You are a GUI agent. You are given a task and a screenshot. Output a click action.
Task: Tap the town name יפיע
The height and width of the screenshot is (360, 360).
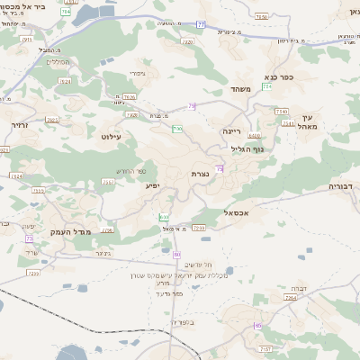click(x=153, y=186)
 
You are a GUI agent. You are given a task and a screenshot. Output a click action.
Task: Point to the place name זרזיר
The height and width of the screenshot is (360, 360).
click(x=20, y=126)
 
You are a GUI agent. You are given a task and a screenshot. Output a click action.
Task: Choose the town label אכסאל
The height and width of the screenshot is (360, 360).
click(x=235, y=212)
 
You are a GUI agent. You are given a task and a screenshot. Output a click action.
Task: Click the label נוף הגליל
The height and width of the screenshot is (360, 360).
click(x=245, y=149)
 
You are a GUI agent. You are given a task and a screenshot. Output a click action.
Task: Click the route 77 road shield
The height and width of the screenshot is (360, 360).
click(x=201, y=24)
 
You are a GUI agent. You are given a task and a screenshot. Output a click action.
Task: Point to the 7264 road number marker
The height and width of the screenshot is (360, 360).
click(x=290, y=296)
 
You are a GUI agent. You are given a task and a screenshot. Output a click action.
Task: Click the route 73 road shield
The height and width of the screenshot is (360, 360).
click(x=29, y=238)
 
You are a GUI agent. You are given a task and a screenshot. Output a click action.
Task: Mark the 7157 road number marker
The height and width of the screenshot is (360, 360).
click(x=265, y=347)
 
